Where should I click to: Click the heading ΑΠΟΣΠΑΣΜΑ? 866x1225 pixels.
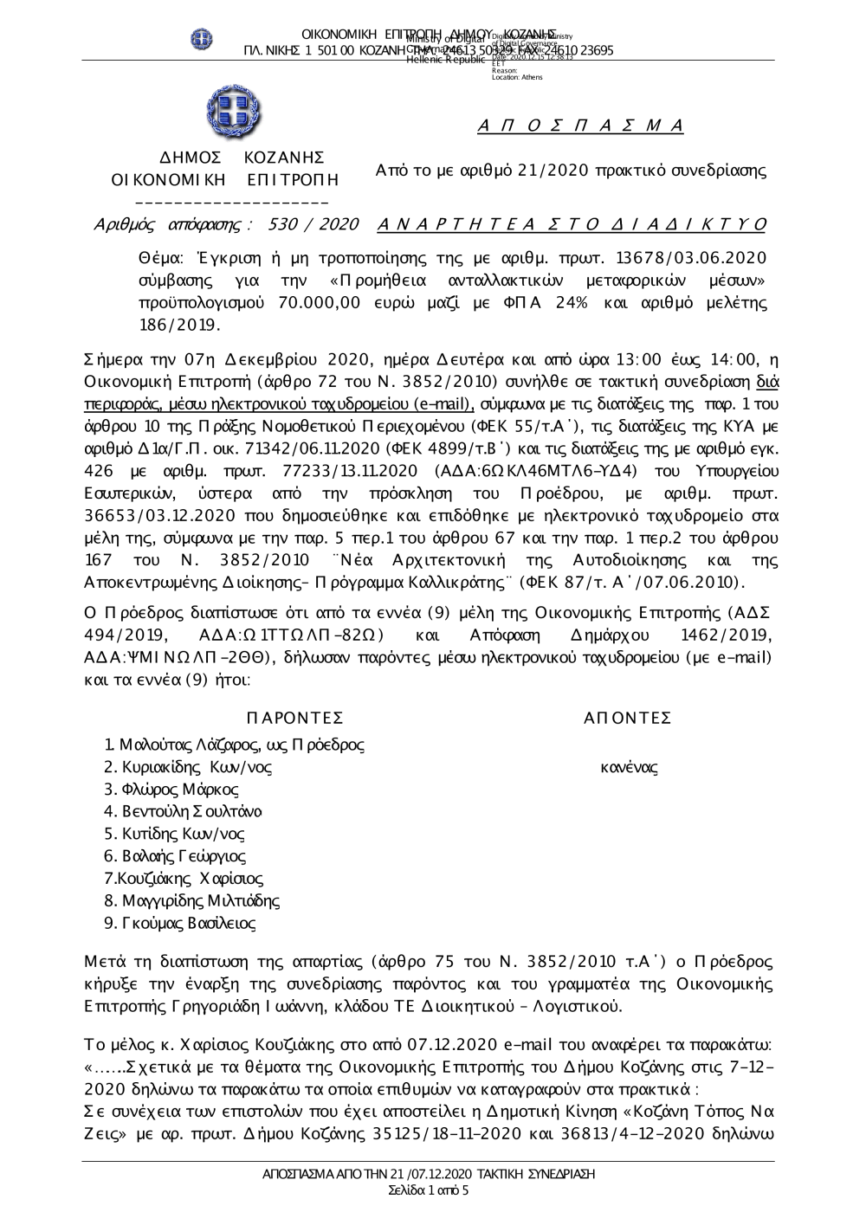580,126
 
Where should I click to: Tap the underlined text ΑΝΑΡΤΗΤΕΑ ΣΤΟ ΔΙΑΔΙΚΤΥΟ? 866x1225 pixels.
572,225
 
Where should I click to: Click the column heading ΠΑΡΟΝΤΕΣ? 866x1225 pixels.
294,718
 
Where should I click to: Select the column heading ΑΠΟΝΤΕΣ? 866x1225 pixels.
628,718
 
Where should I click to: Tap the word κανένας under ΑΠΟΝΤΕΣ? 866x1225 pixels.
629,767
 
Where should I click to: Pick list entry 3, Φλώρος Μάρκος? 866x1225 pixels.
171,790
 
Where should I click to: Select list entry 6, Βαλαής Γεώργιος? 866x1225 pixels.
175,856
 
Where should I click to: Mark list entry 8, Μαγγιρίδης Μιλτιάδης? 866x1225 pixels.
191,901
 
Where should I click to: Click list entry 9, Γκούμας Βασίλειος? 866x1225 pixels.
180,924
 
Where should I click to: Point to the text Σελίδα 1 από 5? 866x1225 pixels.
429,1191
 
